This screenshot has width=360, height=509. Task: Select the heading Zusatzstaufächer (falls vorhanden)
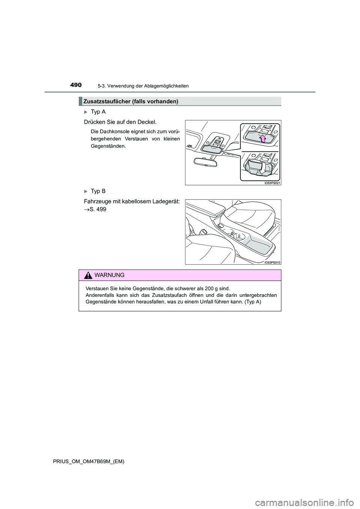(130, 101)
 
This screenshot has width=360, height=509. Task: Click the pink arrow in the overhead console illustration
(263, 139)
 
